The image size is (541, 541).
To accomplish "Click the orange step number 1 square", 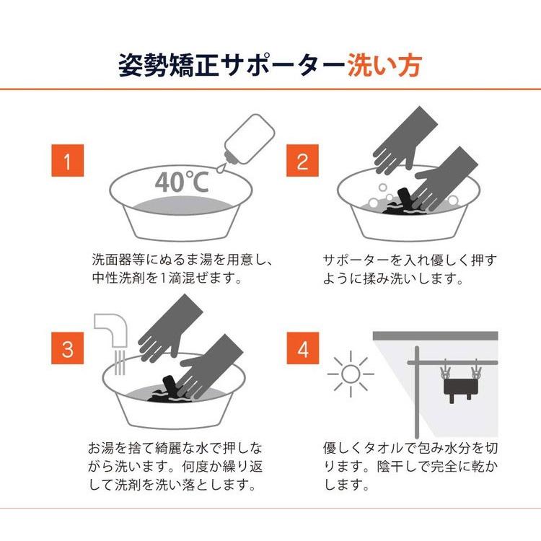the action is (68, 160).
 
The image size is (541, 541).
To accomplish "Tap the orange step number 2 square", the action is (302, 160).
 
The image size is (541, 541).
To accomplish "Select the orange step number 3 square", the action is (68, 348).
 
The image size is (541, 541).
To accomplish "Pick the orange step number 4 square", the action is (302, 348).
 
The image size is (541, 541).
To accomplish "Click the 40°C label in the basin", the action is (182, 182).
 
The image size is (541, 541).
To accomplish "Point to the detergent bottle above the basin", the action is (249, 139).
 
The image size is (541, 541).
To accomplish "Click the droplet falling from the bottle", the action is (220, 169).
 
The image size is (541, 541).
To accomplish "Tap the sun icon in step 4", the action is (351, 374).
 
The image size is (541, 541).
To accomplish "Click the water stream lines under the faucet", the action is (119, 362).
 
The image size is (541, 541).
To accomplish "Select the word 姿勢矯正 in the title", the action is (168, 65).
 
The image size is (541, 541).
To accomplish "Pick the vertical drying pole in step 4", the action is (417, 392).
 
